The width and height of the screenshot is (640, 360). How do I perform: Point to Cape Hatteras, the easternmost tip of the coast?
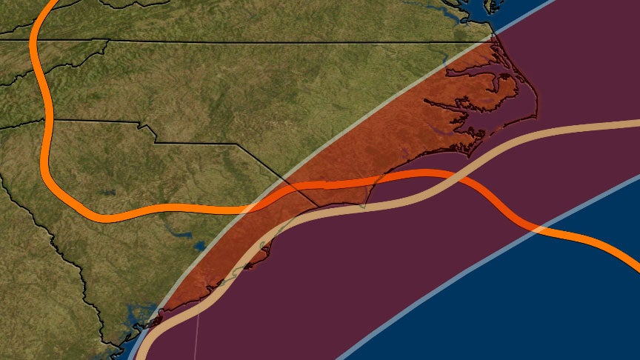point(536,117)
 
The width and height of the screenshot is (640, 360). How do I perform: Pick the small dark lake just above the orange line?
point(109,194)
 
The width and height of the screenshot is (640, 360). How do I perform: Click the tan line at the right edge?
point(636,123)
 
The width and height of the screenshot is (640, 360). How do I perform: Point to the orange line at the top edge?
point(49,3)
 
